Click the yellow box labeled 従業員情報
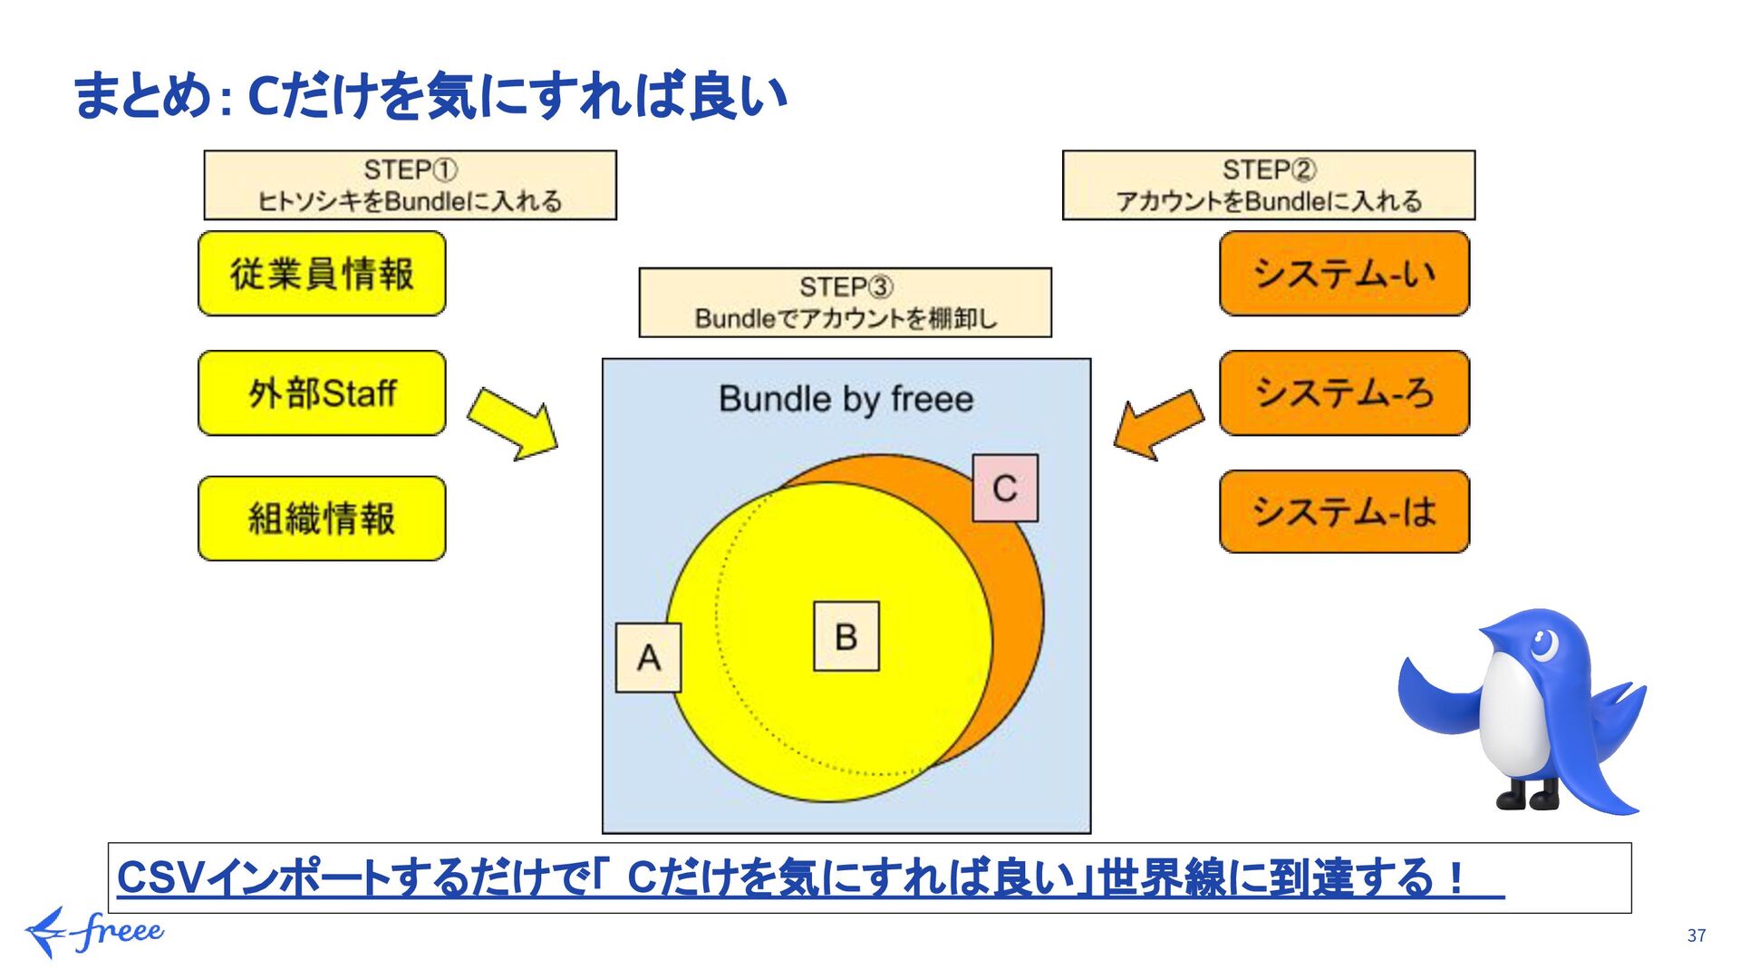322,273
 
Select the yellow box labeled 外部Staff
322,393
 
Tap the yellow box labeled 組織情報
322,519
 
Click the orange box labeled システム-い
1344,273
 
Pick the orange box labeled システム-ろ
1344,393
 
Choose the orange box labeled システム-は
1344,511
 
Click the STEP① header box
410,185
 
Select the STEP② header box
1268,185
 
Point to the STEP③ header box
845,303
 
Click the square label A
648,657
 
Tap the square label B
846,636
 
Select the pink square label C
1005,488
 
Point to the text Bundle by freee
846,399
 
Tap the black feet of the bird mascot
1528,797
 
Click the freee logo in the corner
94,932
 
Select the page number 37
1696,935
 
